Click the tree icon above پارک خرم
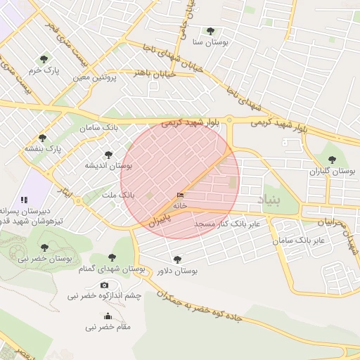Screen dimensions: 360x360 pos(44,59)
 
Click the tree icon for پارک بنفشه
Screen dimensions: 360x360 pos(43,138)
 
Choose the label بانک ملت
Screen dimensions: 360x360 pos(117,194)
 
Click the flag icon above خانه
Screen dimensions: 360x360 pos(180,195)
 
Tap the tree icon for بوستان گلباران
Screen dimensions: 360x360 pos(333,159)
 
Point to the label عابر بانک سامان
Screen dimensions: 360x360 pos(300,240)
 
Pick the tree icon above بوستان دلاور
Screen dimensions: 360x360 pos(176,259)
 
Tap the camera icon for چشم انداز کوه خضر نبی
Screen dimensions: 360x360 pos(105,285)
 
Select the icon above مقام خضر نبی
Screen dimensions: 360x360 pos(107,316)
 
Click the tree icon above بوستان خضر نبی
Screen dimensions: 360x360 pos(44,247)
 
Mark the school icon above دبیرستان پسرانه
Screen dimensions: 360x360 pos(25,200)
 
